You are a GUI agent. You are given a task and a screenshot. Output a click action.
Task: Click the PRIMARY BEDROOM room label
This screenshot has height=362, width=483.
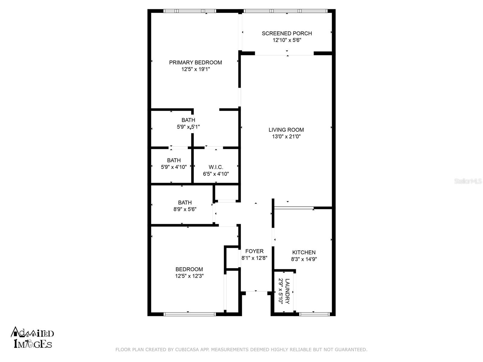[x=195, y=62]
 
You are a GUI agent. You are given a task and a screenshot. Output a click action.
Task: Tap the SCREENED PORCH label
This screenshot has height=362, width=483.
[x=287, y=33]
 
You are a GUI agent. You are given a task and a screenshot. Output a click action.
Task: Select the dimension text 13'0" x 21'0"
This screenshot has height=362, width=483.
[x=286, y=136]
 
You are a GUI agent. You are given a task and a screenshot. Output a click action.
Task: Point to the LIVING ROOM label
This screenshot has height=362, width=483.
[x=286, y=130]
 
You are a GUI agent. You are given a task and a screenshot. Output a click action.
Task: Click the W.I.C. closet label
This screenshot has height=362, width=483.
[x=216, y=167]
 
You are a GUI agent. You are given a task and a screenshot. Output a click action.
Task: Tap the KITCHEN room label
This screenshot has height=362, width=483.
[x=304, y=252]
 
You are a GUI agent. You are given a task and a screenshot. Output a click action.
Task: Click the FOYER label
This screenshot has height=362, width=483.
[x=254, y=251]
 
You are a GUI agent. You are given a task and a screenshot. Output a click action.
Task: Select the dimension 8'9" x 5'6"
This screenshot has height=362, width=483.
[x=185, y=209]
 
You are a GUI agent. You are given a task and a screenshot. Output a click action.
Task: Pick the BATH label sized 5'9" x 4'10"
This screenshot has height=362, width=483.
[x=174, y=160]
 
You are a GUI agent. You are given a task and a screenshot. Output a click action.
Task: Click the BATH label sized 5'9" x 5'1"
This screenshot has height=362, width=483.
[x=188, y=120]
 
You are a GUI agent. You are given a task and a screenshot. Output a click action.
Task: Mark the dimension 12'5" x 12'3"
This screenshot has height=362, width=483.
[x=189, y=276]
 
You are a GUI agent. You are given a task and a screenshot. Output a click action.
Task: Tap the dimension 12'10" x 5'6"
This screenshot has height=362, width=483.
[x=287, y=40]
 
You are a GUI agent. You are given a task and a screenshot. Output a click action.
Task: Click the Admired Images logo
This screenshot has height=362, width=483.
[x=32, y=338]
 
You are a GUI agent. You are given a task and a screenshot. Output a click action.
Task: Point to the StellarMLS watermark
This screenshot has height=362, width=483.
[x=468, y=181]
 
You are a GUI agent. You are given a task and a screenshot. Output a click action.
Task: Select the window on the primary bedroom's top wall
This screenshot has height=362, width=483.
[x=190, y=11]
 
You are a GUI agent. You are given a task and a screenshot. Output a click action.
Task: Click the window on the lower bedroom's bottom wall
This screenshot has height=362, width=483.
[x=190, y=314]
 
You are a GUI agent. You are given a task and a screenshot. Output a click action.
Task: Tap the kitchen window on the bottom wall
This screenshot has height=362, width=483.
[x=314, y=314]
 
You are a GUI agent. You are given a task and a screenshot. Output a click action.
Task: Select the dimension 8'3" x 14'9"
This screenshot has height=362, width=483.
[x=304, y=259]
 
